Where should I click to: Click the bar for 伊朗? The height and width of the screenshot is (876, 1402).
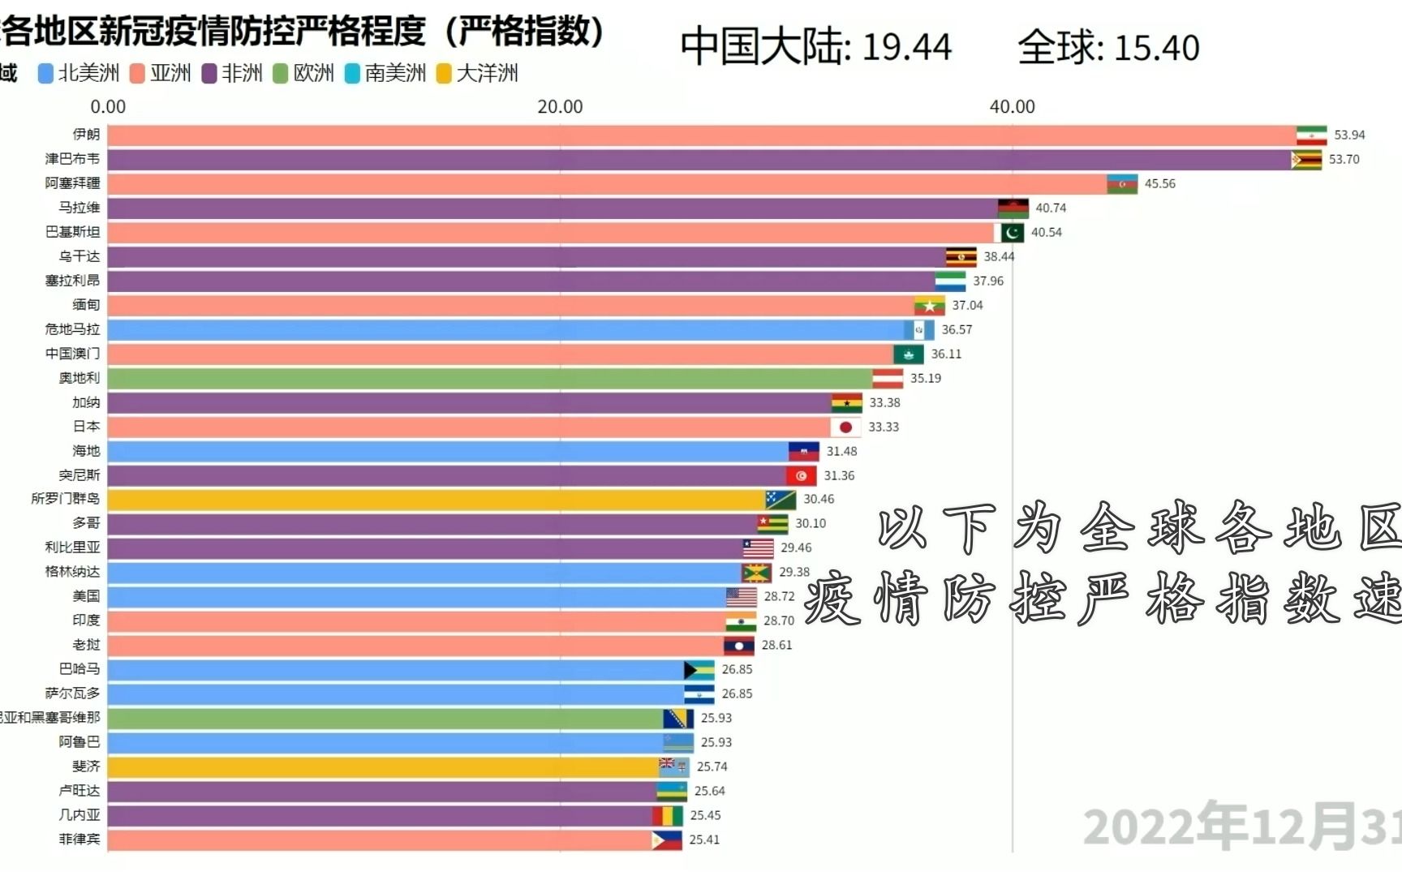click(702, 135)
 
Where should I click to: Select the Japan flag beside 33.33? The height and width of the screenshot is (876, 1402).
click(845, 427)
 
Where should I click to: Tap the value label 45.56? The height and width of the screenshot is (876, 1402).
click(1159, 184)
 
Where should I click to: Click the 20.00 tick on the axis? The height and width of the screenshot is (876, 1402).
click(560, 107)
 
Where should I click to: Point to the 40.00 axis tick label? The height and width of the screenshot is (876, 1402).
click(1012, 107)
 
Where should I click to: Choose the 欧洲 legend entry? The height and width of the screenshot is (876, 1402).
click(304, 74)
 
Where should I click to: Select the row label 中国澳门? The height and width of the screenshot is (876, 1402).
click(72, 354)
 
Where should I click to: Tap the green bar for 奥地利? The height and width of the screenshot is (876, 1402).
click(489, 379)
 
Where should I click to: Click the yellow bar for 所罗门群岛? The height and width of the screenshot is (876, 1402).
click(436, 500)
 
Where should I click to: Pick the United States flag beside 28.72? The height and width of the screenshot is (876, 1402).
click(742, 597)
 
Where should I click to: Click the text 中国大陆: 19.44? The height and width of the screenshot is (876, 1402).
click(815, 47)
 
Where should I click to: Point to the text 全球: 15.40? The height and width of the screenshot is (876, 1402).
click(1108, 48)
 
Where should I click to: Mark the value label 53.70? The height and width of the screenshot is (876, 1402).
click(1344, 160)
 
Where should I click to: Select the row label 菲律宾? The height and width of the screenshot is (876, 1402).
click(80, 839)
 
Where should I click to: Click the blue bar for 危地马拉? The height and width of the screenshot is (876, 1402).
click(505, 330)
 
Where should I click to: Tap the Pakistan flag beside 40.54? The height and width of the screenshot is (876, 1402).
click(1009, 233)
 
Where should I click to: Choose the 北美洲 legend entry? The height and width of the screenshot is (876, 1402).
click(80, 74)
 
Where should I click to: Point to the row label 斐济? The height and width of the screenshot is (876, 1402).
click(86, 766)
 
